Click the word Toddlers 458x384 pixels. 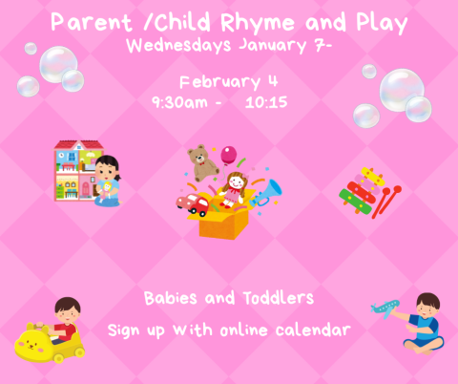coord(278,298)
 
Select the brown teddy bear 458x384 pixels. coord(202,162)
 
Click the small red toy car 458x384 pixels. coord(194,203)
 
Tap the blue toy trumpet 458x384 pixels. coord(265,192)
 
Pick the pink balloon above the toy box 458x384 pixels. coord(229,154)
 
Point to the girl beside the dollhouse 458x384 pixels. coord(107,181)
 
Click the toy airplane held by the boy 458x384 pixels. coord(390,307)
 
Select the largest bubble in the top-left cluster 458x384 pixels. coord(58,64)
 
